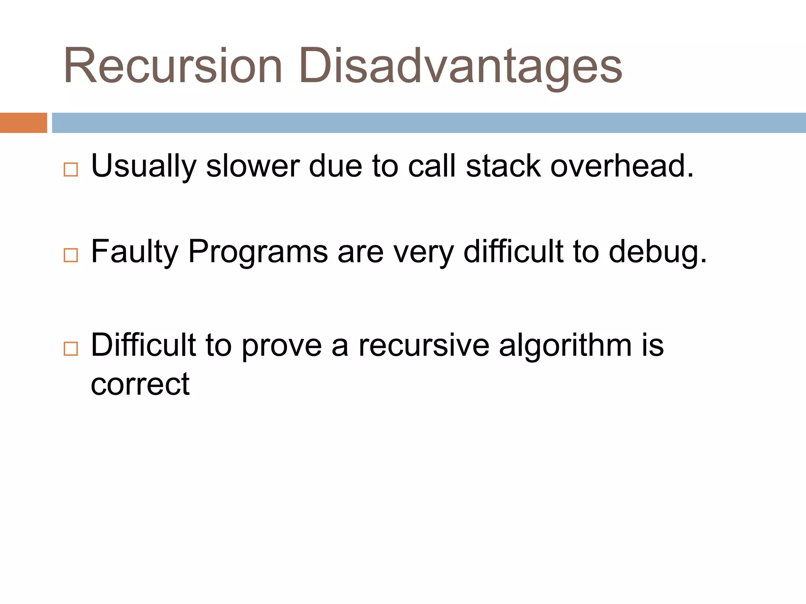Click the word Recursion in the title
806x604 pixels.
[x=172, y=66]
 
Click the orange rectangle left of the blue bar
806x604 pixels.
[x=23, y=123]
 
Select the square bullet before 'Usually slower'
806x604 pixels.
[x=71, y=169]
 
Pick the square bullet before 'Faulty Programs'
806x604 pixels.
[x=71, y=255]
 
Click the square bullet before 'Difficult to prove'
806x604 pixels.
[x=71, y=349]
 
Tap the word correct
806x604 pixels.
[x=140, y=384]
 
